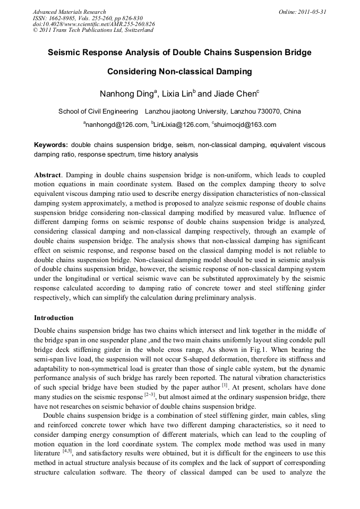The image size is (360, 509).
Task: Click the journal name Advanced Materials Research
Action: click(69, 12)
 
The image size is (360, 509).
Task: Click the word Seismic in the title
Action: click(64, 53)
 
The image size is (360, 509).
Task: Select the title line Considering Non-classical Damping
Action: click(179, 71)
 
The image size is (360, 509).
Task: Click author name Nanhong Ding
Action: click(126, 94)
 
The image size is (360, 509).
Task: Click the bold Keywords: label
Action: click(51, 145)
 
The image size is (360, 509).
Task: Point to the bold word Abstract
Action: click(48, 175)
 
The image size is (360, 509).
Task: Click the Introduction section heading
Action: click(54, 318)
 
